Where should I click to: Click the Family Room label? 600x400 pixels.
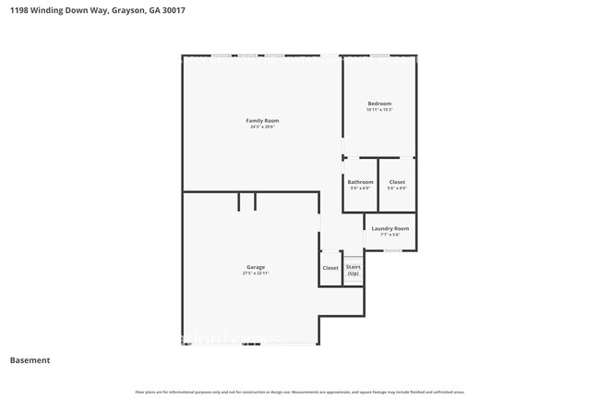[262, 121]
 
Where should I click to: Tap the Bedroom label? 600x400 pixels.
[379, 103]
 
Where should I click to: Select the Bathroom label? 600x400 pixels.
[360, 182]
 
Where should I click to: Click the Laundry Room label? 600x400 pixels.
[390, 228]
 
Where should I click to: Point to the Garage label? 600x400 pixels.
[256, 267]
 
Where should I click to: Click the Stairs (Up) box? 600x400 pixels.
[353, 270]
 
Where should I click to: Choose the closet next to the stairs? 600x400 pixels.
[330, 268]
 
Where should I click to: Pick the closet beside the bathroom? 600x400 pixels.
[397, 182]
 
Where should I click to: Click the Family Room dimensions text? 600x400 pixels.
[262, 127]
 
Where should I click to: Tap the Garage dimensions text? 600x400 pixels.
[256, 273]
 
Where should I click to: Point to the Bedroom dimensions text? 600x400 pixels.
[379, 110]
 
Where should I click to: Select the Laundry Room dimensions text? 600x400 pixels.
[390, 235]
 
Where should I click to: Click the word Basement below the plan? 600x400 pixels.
[30, 360]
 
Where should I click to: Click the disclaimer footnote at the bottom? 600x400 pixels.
[300, 392]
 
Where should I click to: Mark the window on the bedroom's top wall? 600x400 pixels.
[379, 56]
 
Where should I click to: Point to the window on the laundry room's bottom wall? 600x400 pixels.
[392, 250]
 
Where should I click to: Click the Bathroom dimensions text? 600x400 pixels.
[360, 188]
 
